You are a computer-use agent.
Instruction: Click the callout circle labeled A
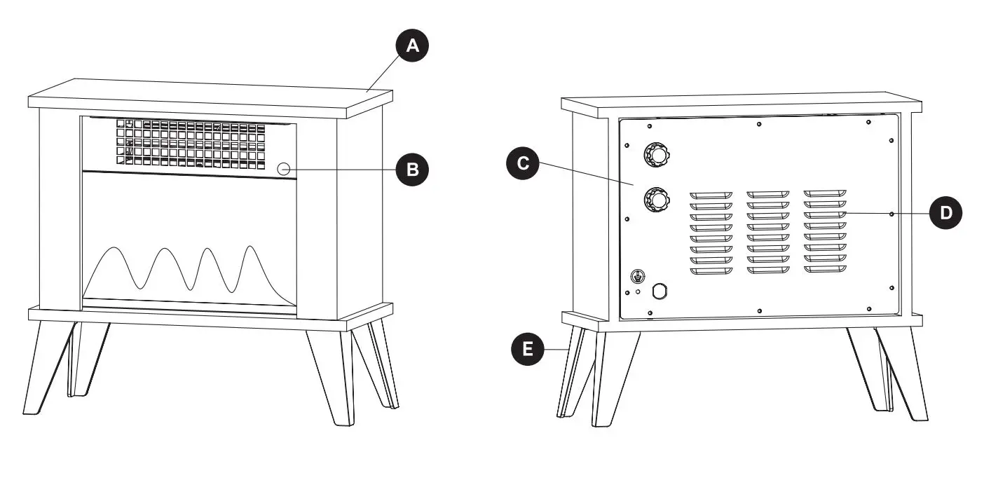(412, 46)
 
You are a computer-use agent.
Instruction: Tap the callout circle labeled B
(413, 169)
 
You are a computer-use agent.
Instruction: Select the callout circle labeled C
(523, 165)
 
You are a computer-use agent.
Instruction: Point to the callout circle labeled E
(527, 348)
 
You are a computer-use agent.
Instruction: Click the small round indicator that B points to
(285, 168)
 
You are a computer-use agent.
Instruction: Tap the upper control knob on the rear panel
(657, 153)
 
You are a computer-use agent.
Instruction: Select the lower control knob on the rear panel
(657, 200)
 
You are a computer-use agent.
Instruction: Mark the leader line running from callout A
(385, 73)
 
